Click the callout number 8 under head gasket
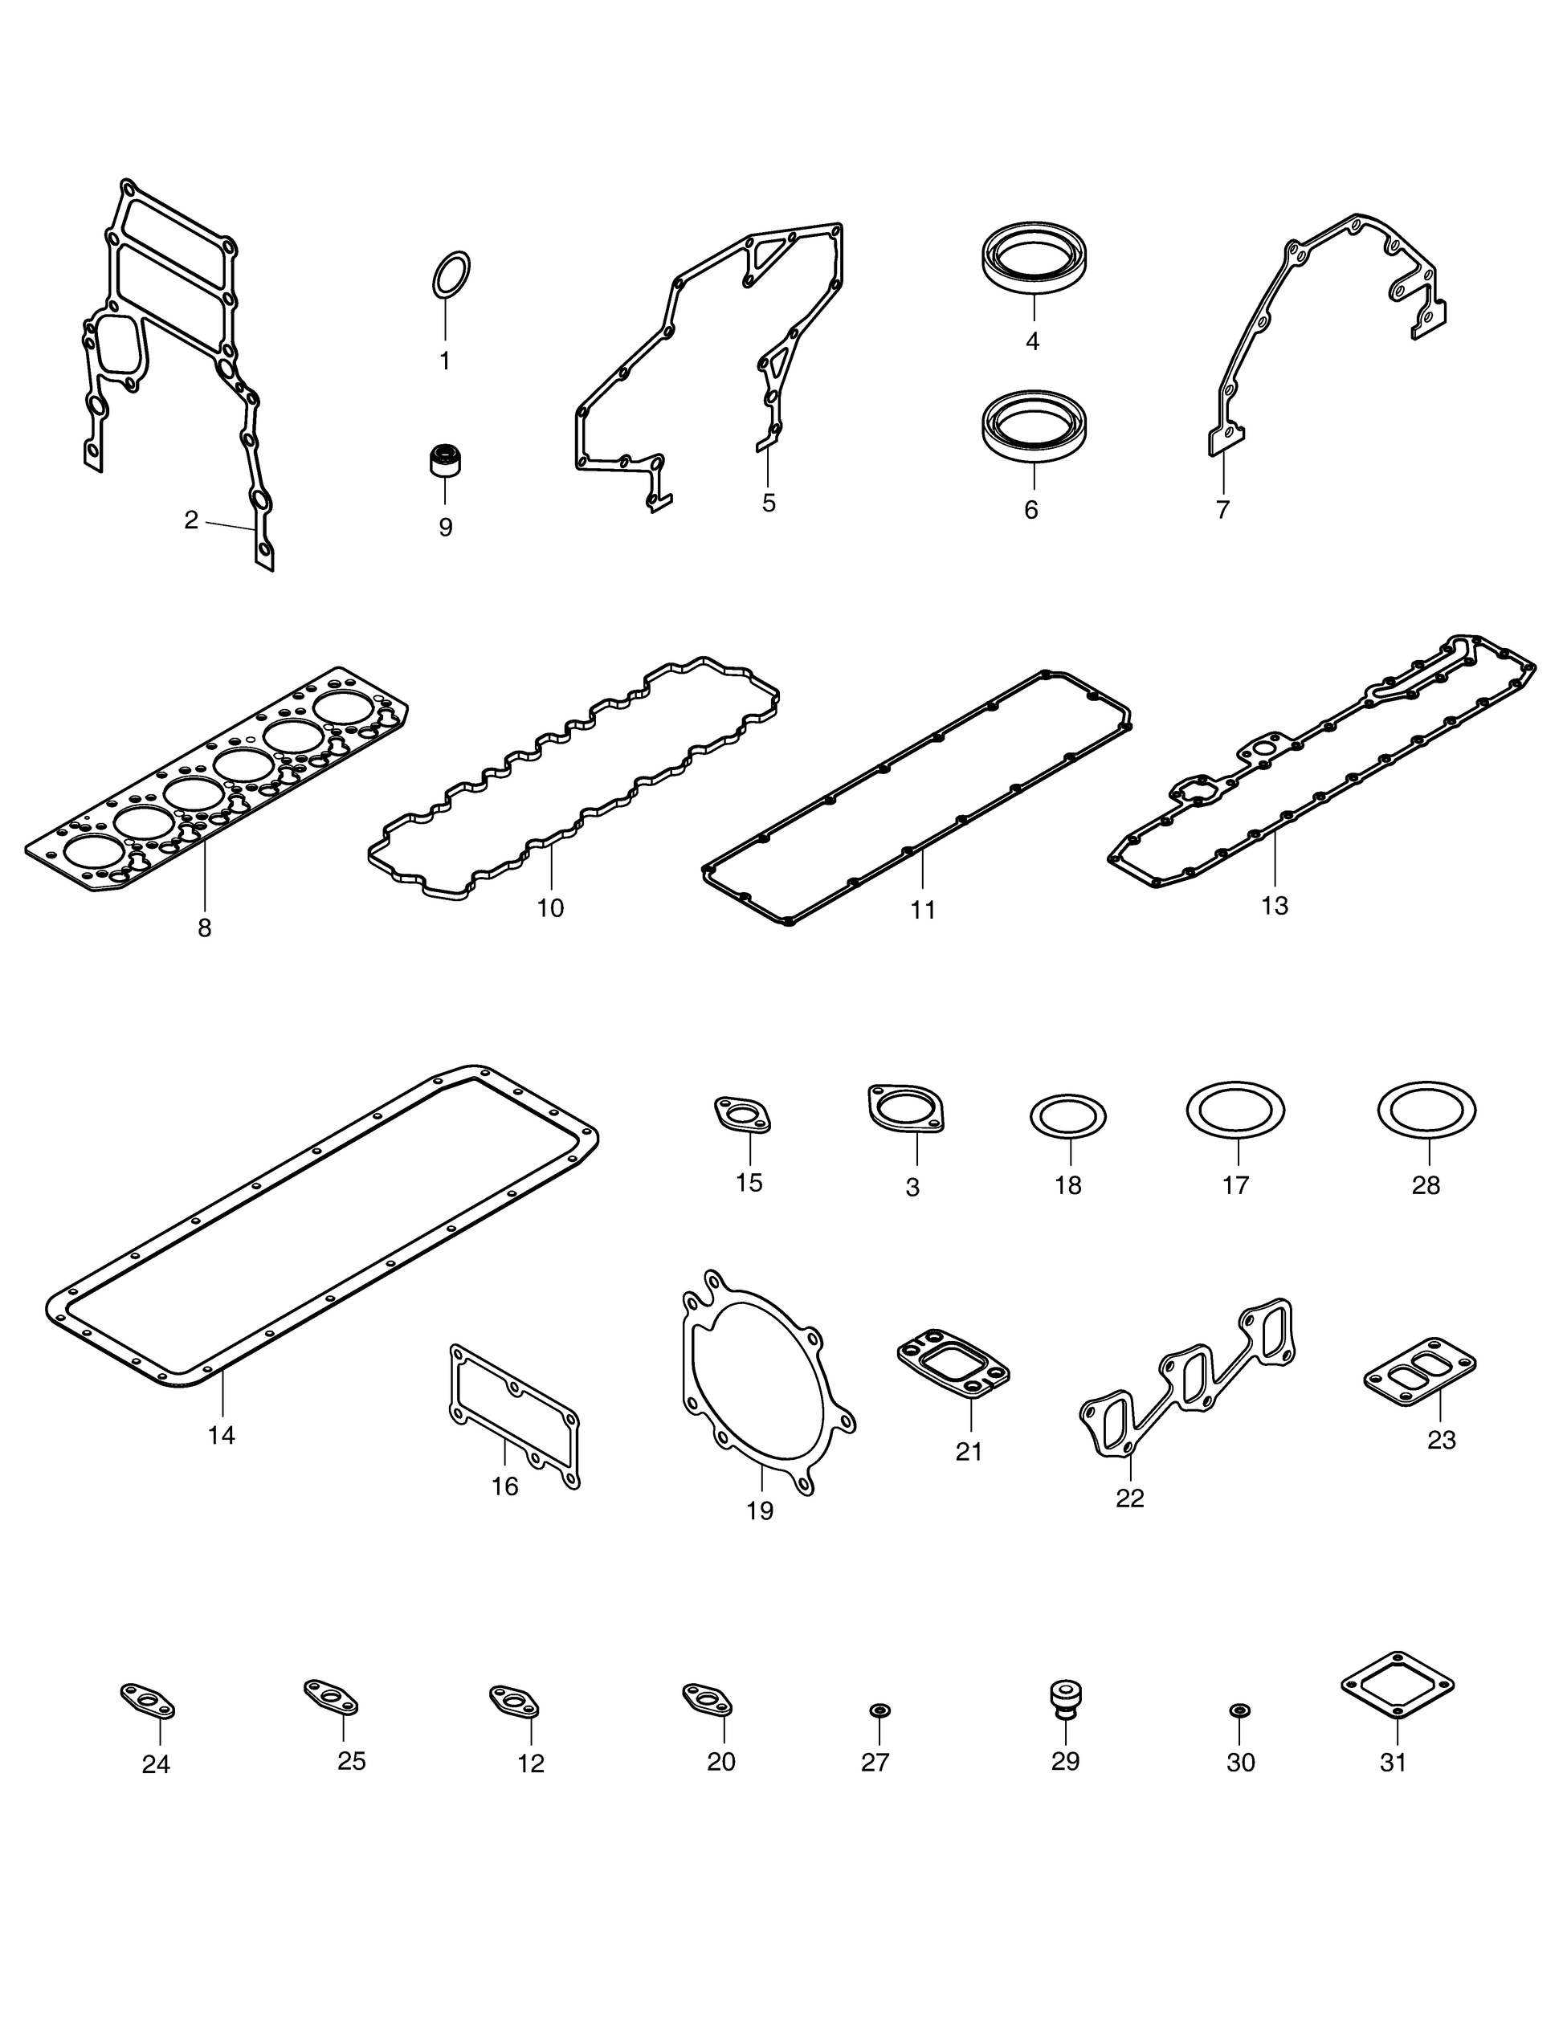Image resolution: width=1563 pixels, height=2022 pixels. [205, 927]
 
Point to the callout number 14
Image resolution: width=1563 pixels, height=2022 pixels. [222, 1435]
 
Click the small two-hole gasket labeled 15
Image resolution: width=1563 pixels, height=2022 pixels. [743, 1114]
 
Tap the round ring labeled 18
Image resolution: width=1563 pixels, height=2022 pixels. [1067, 1118]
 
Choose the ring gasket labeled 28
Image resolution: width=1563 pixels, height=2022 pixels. [1426, 1109]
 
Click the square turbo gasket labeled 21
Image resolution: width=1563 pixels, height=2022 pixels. [953, 1362]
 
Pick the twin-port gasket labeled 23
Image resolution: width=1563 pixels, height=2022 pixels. [1419, 1367]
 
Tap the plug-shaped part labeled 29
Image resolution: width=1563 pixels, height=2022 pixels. [1066, 1697]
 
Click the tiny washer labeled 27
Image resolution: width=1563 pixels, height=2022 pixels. [879, 1708]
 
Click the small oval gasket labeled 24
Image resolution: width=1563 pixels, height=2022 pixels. [148, 1701]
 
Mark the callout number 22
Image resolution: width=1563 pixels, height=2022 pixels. [1129, 1498]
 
